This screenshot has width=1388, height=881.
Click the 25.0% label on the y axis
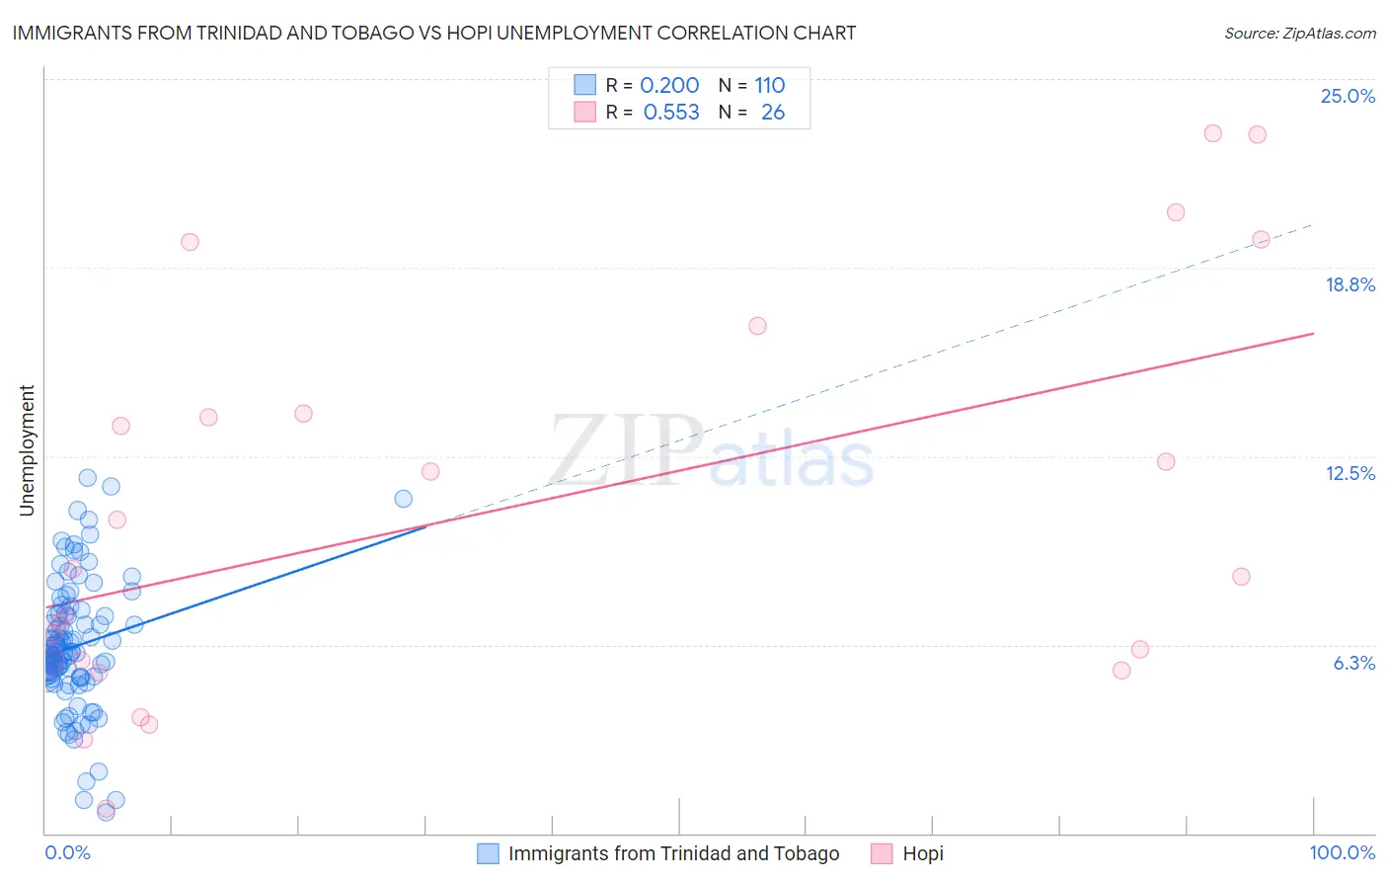tap(1348, 96)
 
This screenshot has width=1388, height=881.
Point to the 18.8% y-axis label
tap(1349, 284)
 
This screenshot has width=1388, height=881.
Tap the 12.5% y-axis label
tap(1349, 473)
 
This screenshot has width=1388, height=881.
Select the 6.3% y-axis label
tap(1353, 663)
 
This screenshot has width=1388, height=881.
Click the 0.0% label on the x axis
tap(67, 852)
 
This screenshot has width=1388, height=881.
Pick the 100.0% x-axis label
tap(1342, 852)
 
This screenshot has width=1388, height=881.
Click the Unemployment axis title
tap(27, 450)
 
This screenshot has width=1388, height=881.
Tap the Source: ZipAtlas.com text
tap(1299, 33)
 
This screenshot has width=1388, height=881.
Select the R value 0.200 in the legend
tap(669, 85)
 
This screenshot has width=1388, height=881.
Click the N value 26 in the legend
tap(773, 112)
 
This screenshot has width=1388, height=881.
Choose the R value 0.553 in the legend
tap(671, 112)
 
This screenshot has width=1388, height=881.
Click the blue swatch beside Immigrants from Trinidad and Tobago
tap(488, 853)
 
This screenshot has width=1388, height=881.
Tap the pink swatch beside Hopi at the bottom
tap(882, 853)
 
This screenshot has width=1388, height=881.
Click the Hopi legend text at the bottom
tap(923, 853)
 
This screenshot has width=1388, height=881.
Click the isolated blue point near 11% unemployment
tap(404, 499)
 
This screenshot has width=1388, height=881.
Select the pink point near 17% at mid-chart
tap(757, 326)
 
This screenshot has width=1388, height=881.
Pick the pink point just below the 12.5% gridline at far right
tap(1166, 461)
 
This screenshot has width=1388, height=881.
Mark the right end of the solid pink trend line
tap(1313, 334)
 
